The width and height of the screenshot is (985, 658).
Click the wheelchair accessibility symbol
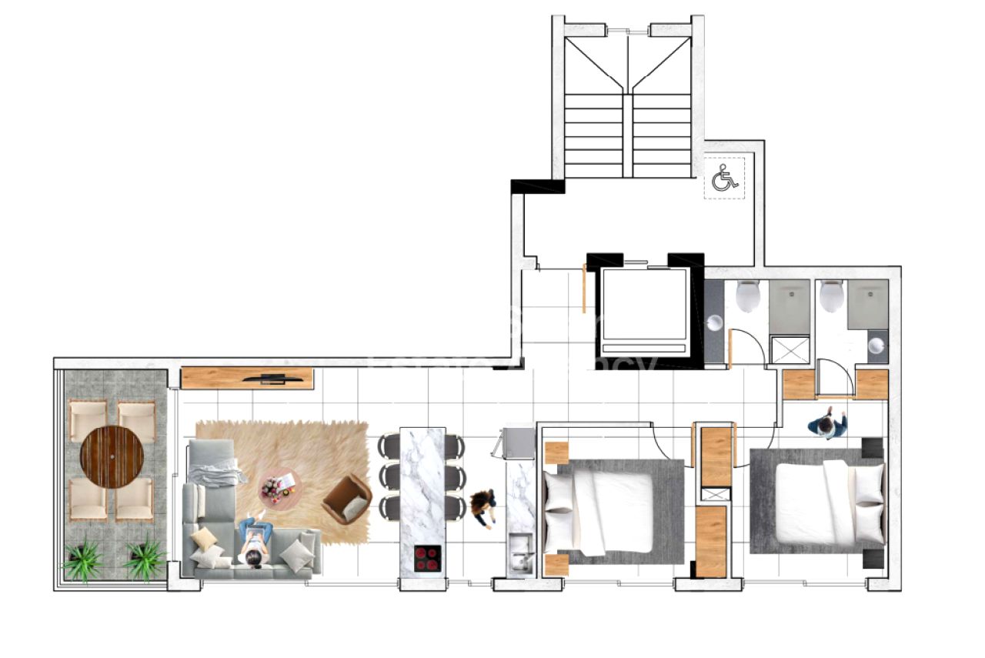[x=724, y=179]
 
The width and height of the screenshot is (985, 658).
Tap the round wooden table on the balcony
[x=112, y=457]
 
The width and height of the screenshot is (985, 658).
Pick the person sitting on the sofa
[x=255, y=541]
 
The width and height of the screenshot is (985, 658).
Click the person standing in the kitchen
[x=483, y=507]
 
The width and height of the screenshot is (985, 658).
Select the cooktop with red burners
[x=428, y=559]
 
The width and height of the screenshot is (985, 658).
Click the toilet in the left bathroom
[x=748, y=296]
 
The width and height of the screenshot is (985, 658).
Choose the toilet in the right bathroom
[x=831, y=296]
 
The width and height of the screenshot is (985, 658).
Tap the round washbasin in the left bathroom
[x=715, y=322]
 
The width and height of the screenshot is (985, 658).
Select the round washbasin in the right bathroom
[x=876, y=346]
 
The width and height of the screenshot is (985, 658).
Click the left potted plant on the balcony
[x=82, y=559]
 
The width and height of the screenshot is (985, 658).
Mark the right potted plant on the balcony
[x=144, y=559]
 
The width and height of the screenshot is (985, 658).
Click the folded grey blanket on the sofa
[x=217, y=470]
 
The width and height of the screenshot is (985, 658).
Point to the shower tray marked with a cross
[x=787, y=349]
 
